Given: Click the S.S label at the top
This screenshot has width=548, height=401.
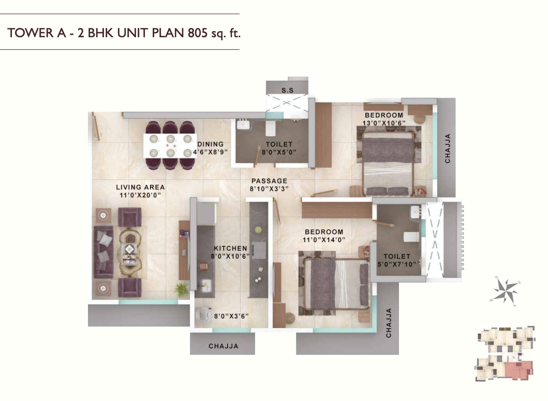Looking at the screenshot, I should click(x=287, y=90).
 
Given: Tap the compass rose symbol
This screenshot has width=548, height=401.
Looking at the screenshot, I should click(x=505, y=290).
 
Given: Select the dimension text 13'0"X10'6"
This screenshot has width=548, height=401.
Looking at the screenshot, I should click(x=383, y=123).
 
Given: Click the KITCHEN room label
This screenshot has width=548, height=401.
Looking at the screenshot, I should click(x=230, y=248).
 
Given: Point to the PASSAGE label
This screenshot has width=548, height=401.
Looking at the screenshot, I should click(x=269, y=181).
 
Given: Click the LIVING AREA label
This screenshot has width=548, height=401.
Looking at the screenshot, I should click(x=140, y=187).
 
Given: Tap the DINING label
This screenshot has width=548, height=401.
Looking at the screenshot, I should click(x=210, y=144).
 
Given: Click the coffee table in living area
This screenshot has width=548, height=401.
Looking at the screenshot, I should click(x=130, y=251).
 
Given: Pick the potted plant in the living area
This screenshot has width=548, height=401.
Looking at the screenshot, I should click(x=182, y=290).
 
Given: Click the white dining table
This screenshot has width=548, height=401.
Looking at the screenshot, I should click(x=170, y=145).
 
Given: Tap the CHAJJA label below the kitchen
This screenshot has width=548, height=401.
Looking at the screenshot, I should click(x=223, y=346).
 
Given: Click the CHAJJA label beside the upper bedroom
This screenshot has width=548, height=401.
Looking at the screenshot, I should click(x=448, y=148).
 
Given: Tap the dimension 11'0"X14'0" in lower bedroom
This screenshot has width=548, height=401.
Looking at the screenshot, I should click(x=324, y=240).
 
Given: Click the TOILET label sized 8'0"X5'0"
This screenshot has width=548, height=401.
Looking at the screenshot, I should click(x=279, y=144).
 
